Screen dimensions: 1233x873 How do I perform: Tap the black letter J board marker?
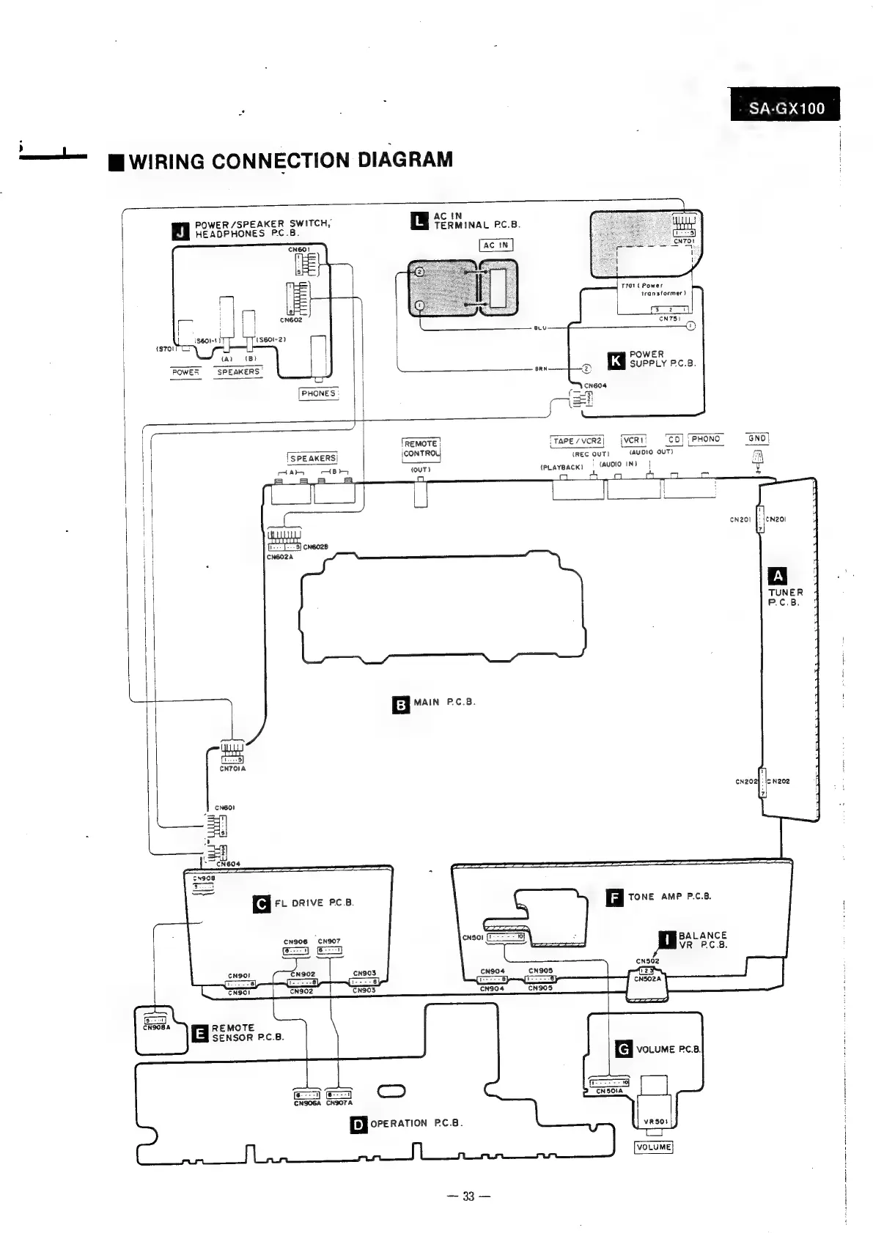[x=180, y=231]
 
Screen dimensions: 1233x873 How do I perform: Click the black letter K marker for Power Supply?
[x=616, y=360]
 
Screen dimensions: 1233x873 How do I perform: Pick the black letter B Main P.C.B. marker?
[x=401, y=705]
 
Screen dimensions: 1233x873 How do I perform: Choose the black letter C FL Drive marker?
[x=262, y=904]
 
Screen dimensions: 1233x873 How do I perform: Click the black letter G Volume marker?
[x=624, y=1050]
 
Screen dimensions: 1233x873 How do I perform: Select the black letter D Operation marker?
[x=358, y=1124]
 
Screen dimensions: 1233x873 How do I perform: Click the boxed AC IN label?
[x=496, y=245]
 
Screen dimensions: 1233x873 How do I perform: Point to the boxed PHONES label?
[x=318, y=393]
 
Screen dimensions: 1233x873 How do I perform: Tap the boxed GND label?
[x=757, y=439]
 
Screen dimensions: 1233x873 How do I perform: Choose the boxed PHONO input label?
[x=705, y=439]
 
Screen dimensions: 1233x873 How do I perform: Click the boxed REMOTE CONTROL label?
[x=421, y=448]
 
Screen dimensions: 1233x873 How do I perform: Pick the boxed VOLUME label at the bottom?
[x=653, y=1147]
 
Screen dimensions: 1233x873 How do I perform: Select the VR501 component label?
[x=654, y=1122]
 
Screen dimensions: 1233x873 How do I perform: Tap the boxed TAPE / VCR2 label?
[x=577, y=441]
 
